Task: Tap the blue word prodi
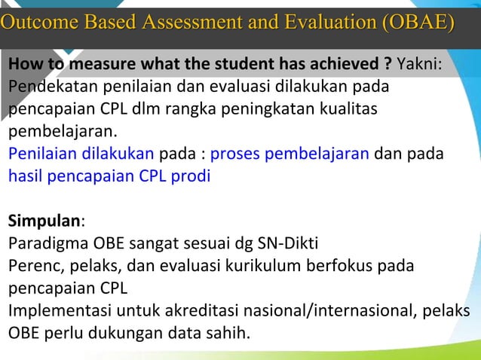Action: tap(195, 177)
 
